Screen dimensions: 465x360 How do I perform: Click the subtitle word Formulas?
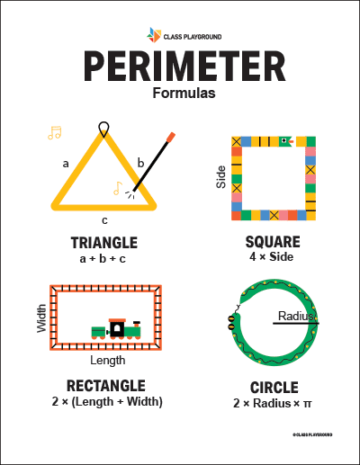(180, 93)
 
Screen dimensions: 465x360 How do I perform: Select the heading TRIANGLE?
(103, 243)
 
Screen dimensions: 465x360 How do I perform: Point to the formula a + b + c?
(103, 259)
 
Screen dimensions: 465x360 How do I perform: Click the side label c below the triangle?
(104, 219)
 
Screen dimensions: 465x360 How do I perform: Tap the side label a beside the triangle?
(65, 164)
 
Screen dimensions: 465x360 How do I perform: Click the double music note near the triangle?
(55, 133)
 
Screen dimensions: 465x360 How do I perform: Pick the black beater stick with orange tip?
(154, 163)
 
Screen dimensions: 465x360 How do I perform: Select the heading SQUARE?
(274, 242)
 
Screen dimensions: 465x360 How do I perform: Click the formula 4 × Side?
(274, 257)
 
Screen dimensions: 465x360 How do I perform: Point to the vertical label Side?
(221, 177)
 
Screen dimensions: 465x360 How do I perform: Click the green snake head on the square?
(285, 141)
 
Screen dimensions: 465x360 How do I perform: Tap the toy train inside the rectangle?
(116, 329)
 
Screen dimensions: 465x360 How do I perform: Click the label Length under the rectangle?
(108, 361)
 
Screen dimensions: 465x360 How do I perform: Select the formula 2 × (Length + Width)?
(107, 401)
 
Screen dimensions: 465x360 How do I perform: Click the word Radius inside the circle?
(295, 316)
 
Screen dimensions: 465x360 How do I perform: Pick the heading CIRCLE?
(274, 387)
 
